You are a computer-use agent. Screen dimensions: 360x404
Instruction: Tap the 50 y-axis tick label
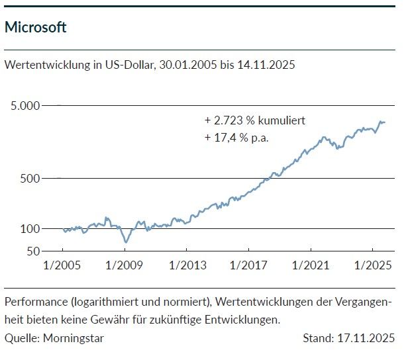[x=33, y=251]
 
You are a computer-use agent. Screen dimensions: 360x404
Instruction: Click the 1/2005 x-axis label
[x=62, y=265]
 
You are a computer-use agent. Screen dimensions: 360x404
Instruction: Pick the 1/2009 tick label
[x=125, y=265]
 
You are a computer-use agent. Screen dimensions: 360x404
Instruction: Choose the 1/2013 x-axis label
[x=186, y=265]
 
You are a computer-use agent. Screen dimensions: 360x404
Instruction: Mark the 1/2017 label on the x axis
[x=248, y=265]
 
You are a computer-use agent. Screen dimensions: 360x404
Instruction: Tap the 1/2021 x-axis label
[x=310, y=265]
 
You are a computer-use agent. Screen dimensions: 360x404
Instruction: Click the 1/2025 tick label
[x=372, y=265]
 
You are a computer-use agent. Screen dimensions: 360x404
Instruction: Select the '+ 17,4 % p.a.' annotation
[x=238, y=138]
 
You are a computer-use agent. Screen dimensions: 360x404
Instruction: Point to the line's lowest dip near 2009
[x=125, y=242]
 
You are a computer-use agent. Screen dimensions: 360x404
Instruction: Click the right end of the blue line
[x=385, y=122]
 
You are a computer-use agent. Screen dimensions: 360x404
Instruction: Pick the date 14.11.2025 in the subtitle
[x=264, y=66]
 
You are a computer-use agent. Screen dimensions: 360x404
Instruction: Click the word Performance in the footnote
[x=34, y=302]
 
